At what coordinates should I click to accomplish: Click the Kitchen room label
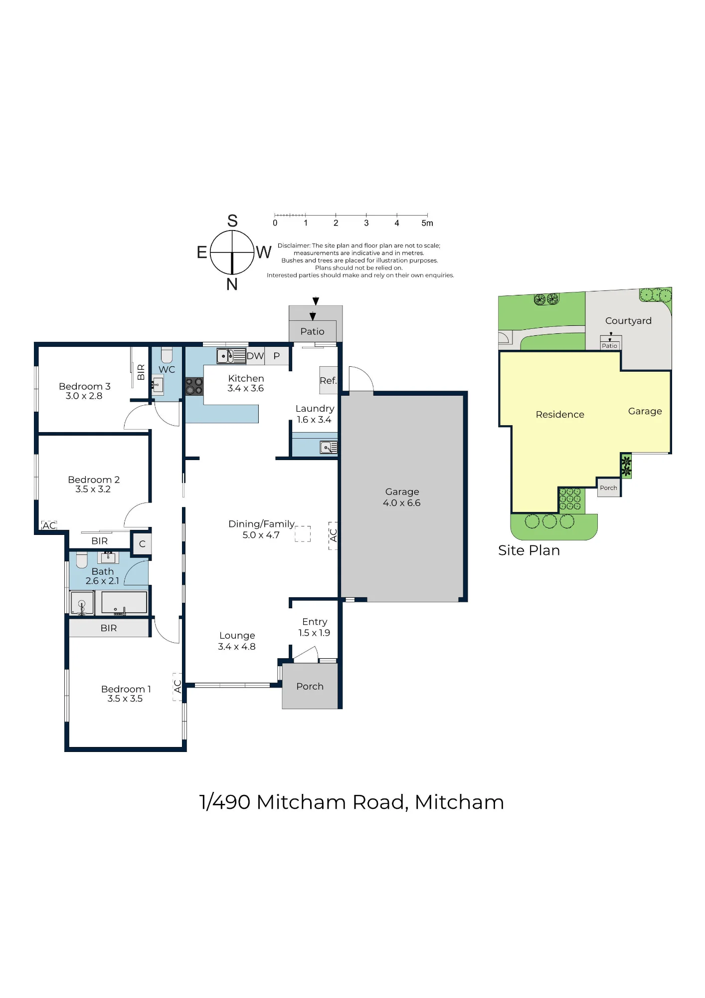246,379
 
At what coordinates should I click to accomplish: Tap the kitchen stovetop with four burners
194,387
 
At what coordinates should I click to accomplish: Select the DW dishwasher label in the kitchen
255,356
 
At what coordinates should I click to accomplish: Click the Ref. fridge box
328,380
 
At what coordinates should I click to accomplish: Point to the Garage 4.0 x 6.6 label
402,497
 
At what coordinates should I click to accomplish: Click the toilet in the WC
167,355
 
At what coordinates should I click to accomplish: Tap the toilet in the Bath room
82,560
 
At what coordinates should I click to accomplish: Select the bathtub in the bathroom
124,603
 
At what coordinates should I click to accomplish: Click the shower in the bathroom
82,603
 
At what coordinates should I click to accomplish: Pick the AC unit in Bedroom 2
49,525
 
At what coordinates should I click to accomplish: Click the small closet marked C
142,543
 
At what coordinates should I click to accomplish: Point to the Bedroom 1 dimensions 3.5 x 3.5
125,699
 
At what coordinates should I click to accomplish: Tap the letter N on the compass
232,284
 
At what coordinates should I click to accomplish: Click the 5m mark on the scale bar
427,223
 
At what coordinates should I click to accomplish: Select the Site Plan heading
529,550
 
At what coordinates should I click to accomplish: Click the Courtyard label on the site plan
628,321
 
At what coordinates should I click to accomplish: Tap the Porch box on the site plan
609,488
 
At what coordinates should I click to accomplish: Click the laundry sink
329,448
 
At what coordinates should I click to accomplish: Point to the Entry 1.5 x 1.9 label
315,627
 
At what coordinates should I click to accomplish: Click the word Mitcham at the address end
459,802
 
